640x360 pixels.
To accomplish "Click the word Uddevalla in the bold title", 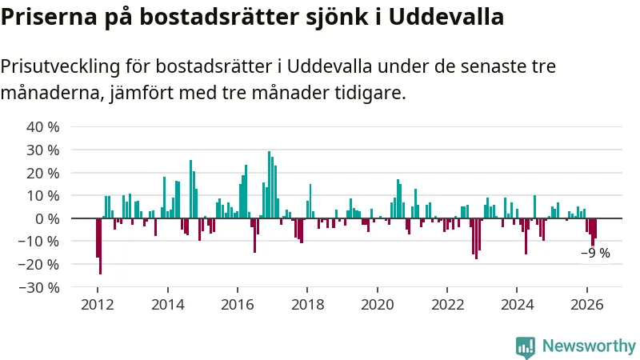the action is click(446, 17).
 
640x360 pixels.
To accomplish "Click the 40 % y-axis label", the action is click(43, 127).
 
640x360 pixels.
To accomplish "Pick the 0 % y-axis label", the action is click(47, 218).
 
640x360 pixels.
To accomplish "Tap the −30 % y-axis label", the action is click(39, 288).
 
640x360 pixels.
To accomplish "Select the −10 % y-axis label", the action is click(39, 242).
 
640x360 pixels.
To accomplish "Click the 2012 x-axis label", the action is click(98, 305).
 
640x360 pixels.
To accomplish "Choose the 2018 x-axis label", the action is click(307, 305).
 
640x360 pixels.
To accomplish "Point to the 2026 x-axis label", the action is click(587, 305).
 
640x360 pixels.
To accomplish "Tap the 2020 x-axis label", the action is click(378, 305).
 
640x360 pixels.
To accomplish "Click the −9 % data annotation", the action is click(595, 253).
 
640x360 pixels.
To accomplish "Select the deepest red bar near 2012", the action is click(101, 246).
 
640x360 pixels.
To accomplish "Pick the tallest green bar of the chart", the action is click(270, 185).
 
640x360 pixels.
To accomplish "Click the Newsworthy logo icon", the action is click(526, 347).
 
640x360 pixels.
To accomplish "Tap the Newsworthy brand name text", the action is click(589, 346).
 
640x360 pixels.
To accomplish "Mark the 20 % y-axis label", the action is click(43, 173).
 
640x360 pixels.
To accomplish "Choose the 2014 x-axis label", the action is click(168, 305).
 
